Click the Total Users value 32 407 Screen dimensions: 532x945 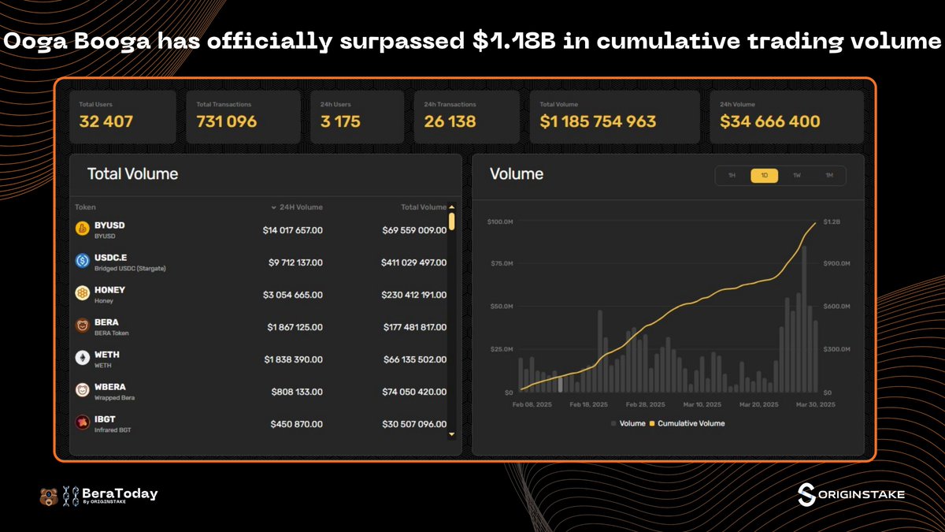106,121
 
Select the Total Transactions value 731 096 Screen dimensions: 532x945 227,121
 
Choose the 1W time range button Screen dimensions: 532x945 796,176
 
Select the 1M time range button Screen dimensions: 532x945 828,176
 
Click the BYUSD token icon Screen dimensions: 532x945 82,229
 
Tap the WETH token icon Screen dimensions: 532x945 82,359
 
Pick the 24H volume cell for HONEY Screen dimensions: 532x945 292,295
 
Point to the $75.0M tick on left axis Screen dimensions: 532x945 500,263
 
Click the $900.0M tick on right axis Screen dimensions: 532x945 836,263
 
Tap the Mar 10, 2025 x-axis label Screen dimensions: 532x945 702,404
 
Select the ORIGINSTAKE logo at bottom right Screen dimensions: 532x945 850,494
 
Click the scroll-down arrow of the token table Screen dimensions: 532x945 451,434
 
